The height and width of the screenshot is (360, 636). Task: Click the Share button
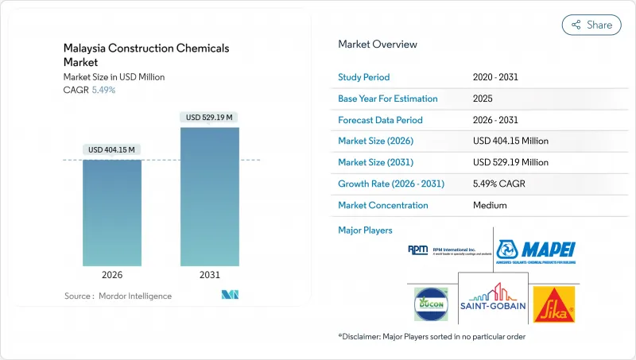[x=591, y=25]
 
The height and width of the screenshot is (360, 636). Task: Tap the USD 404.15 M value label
[x=112, y=149]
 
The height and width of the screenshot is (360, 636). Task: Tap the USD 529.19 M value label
[x=210, y=118]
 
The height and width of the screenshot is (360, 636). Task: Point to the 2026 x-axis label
[x=112, y=276]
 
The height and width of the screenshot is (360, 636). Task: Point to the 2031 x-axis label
[x=210, y=276]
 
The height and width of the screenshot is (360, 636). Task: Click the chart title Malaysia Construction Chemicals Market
[x=146, y=55]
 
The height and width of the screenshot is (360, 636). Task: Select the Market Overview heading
[x=378, y=44]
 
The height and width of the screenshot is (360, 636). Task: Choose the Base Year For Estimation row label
[x=388, y=99]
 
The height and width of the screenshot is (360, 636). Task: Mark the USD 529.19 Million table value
[x=510, y=162]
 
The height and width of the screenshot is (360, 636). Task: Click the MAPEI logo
[x=537, y=250]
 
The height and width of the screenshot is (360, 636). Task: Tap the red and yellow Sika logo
[x=555, y=303]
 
